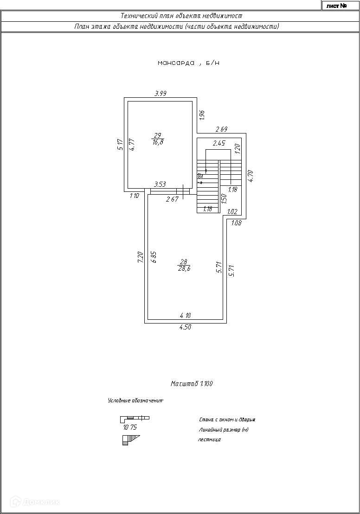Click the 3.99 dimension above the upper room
[x=161, y=94]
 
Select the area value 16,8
[x=158, y=142]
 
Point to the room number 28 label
[x=184, y=261]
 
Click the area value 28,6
[x=184, y=268]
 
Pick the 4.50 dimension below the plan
[x=186, y=327]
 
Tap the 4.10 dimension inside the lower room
[x=186, y=316]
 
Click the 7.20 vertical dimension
[x=140, y=257]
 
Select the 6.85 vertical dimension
[x=154, y=257]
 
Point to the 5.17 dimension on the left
[x=120, y=145]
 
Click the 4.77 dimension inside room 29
[x=132, y=145]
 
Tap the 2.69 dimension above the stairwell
[x=221, y=129]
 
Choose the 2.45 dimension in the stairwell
[x=219, y=144]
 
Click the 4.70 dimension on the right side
[x=251, y=176]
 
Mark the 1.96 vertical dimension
[x=202, y=114]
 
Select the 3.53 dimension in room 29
[x=160, y=184]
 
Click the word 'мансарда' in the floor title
[x=176, y=63]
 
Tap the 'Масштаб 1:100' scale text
[x=192, y=384]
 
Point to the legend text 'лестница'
[x=209, y=439]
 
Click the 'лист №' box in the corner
[x=337, y=6]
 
